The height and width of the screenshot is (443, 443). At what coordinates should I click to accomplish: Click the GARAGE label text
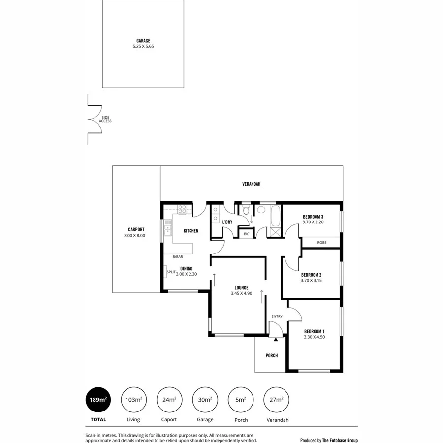click(x=143, y=41)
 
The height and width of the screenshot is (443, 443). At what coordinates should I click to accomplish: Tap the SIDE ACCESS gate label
click(x=105, y=119)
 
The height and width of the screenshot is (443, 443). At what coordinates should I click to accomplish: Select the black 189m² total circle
click(x=97, y=399)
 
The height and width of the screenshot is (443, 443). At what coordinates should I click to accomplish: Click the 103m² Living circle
click(x=133, y=399)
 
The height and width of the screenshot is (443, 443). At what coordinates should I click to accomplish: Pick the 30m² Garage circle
click(x=205, y=399)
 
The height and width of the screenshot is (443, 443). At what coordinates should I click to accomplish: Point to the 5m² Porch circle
click(x=241, y=399)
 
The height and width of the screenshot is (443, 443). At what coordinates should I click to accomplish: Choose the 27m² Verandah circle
click(x=277, y=399)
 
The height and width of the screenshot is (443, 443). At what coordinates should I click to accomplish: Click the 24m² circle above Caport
click(x=169, y=399)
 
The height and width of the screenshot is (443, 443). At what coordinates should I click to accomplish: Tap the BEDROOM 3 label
click(x=313, y=217)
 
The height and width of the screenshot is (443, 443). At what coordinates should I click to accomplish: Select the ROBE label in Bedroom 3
click(x=321, y=242)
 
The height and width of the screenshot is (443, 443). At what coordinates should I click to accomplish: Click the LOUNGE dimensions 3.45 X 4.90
click(x=241, y=294)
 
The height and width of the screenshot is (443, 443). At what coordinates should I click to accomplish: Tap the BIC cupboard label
click(x=246, y=234)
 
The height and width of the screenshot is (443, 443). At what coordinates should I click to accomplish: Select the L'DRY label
click(x=227, y=222)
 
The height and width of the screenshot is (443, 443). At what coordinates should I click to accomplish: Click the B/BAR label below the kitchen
click(x=177, y=257)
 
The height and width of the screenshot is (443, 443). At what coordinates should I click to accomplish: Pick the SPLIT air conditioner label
click(x=171, y=272)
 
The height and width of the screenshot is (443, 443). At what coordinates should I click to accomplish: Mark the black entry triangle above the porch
click(x=276, y=339)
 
